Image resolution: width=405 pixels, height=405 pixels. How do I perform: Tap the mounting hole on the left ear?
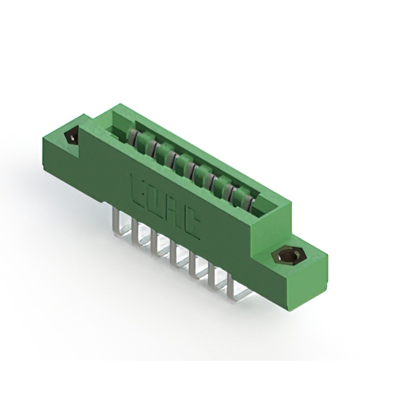pyautogui.click(x=72, y=137)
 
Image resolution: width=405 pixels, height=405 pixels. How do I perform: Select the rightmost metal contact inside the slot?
pyautogui.click(x=248, y=201)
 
